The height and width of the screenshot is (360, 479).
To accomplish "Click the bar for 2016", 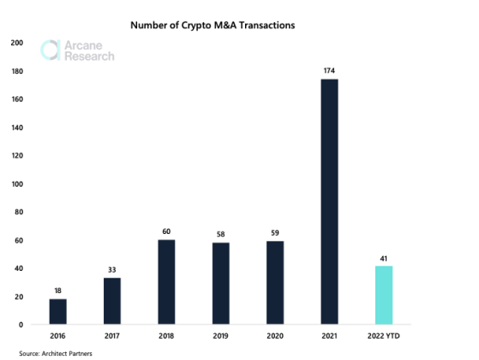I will [x=57, y=311].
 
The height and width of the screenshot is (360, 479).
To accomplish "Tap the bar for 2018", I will [x=166, y=282].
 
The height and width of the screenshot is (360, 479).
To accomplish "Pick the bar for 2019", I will [x=221, y=283].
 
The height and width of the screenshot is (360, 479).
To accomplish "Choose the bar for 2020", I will [x=275, y=283].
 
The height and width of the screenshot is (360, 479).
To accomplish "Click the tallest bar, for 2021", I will [x=329, y=201].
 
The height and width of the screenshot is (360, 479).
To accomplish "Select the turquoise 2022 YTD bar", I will [x=384, y=295].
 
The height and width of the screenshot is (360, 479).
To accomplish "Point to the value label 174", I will [x=329, y=70].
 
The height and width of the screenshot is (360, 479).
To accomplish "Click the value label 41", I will [x=384, y=257].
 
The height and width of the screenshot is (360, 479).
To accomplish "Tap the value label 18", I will [x=57, y=291].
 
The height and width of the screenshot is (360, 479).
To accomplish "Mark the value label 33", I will [x=112, y=269].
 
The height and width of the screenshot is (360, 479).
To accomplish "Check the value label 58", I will [x=221, y=234].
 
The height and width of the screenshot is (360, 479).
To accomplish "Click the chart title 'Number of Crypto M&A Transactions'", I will [x=212, y=26].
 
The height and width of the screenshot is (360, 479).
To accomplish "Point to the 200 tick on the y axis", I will [x=18, y=42].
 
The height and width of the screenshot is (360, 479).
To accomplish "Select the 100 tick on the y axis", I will [x=18, y=183].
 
